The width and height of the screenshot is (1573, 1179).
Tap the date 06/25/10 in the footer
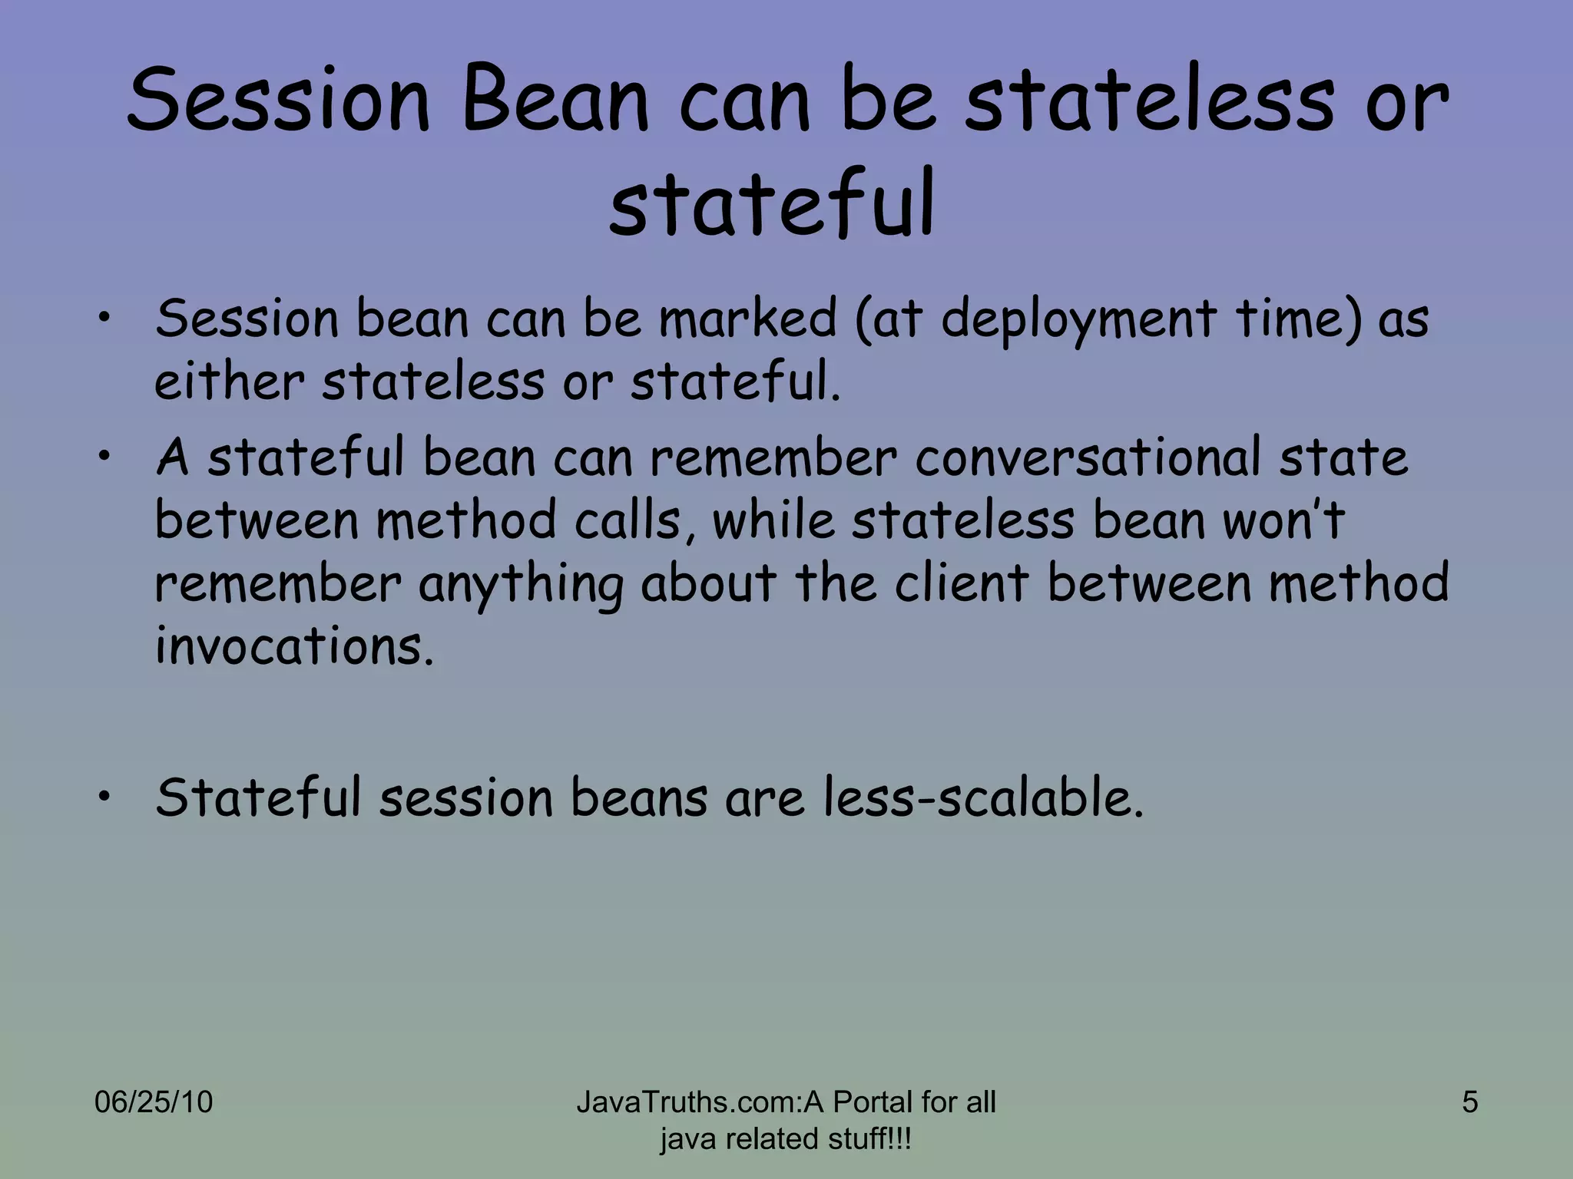click(153, 1102)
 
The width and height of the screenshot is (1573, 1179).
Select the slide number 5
click(1469, 1102)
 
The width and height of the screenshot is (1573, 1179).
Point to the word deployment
click(1078, 319)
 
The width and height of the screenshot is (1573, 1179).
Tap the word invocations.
click(294, 646)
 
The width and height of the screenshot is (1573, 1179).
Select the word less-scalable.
click(984, 798)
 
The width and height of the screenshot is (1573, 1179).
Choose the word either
click(230, 381)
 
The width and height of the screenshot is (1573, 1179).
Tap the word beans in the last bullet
click(638, 798)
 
